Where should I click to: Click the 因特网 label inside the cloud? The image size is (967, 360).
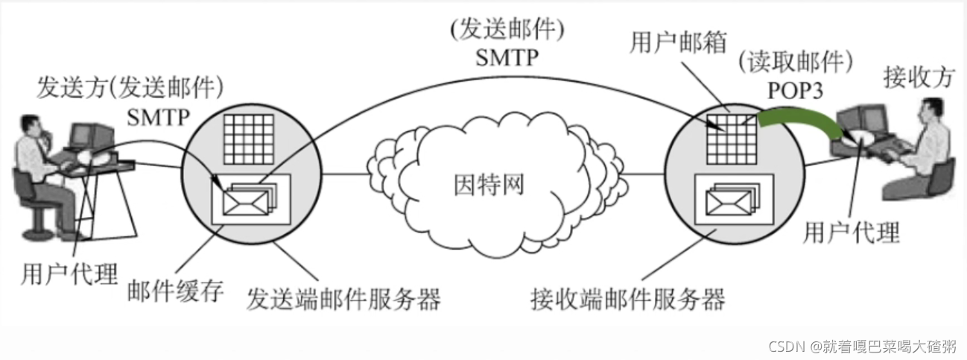(x=489, y=184)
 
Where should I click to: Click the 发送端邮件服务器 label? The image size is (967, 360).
(x=344, y=298)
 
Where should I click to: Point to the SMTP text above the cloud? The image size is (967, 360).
(x=506, y=57)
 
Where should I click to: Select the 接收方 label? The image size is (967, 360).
(x=918, y=77)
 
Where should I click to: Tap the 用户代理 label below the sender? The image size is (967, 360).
(x=70, y=274)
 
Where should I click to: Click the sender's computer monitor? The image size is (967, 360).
(x=83, y=135)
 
